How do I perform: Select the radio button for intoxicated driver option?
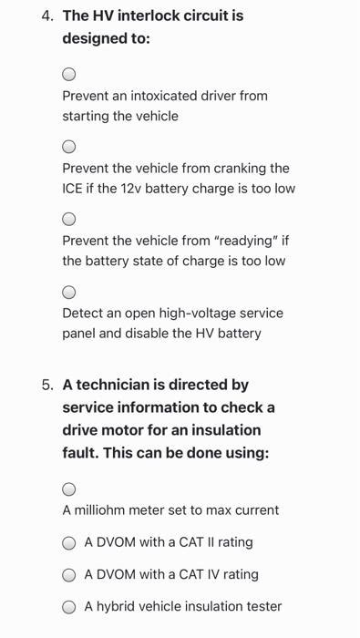tap(69, 74)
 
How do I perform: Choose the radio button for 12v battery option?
tap(69, 147)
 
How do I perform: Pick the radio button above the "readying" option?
tap(69, 220)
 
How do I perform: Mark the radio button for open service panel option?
tap(69, 293)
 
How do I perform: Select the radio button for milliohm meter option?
tap(69, 489)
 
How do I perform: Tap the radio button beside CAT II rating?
tap(69, 543)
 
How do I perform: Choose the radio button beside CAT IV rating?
tap(69, 575)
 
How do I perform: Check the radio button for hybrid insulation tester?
tap(69, 607)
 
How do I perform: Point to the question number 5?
tap(47, 386)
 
